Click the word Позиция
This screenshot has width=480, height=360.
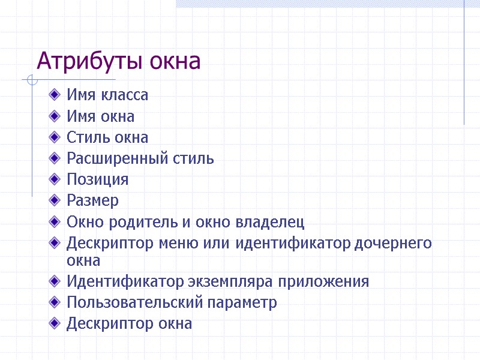(x=97, y=180)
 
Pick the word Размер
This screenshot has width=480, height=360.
(x=92, y=200)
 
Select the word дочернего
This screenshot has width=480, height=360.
(x=394, y=244)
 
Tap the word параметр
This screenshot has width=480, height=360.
(x=242, y=302)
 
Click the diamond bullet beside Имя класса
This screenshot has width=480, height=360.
(x=56, y=94)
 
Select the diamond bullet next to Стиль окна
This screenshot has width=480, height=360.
(x=56, y=137)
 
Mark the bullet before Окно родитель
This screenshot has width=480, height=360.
(x=56, y=222)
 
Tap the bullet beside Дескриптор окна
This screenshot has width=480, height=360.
(x=56, y=323)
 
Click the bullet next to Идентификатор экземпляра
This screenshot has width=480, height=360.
(x=56, y=281)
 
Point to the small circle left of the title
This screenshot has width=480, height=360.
(x=32, y=80)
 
